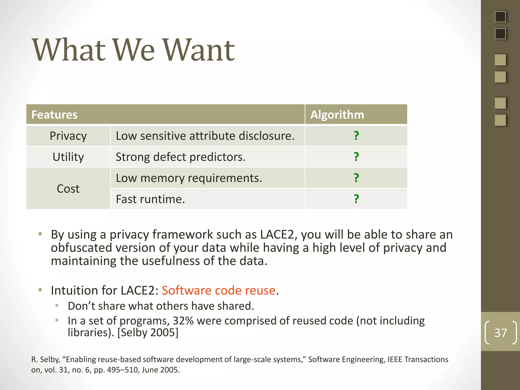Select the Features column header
(x=54, y=115)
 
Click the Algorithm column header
(x=337, y=115)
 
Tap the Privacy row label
(x=68, y=136)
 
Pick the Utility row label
(x=68, y=157)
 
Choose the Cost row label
(x=68, y=189)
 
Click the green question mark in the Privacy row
(x=356, y=136)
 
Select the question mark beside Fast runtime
(x=356, y=199)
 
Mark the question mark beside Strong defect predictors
(x=356, y=157)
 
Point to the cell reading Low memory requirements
(x=189, y=178)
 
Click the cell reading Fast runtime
(x=150, y=199)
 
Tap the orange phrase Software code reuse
(x=219, y=290)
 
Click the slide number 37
(x=500, y=333)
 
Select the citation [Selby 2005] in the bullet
(x=148, y=332)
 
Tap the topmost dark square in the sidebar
(x=500, y=17)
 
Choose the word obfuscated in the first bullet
(x=82, y=248)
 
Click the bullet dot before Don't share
(x=57, y=305)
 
